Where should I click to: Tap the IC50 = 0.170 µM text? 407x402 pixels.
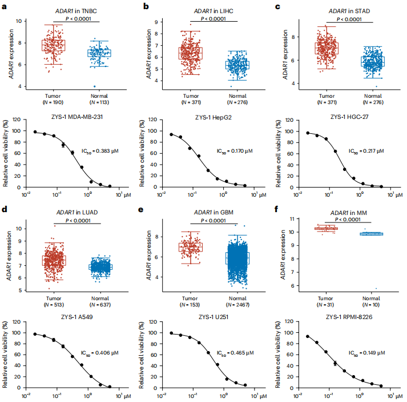click(235, 151)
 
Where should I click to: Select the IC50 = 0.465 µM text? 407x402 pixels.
click(235, 353)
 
